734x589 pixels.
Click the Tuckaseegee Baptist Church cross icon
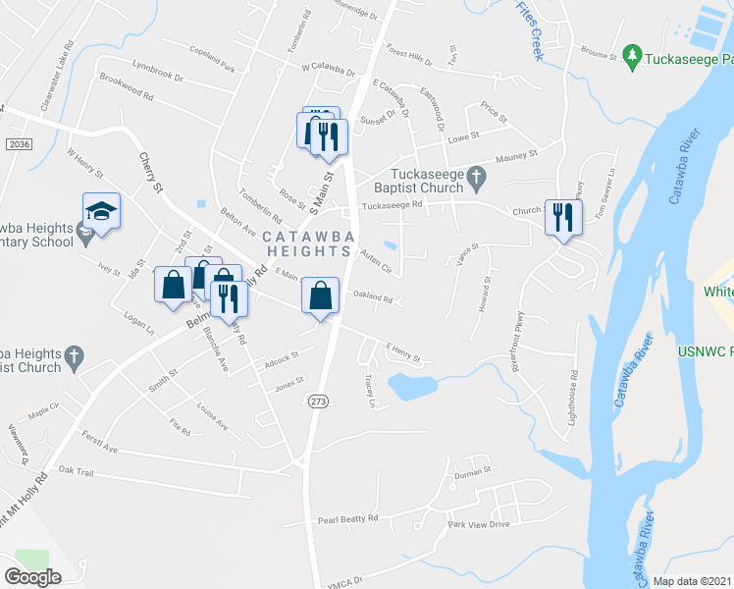coord(476,177)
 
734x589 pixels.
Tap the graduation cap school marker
coord(101,211)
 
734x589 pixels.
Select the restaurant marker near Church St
coord(562,217)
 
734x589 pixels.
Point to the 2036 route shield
coord(18,144)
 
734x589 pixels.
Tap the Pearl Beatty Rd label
coord(347,519)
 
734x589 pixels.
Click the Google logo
coord(33,577)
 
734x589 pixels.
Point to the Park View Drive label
coord(478,525)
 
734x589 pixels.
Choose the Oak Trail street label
coord(76,472)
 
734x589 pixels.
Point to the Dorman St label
coord(472,474)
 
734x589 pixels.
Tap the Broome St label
coord(598,56)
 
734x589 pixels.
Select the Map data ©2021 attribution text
coord(692,581)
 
